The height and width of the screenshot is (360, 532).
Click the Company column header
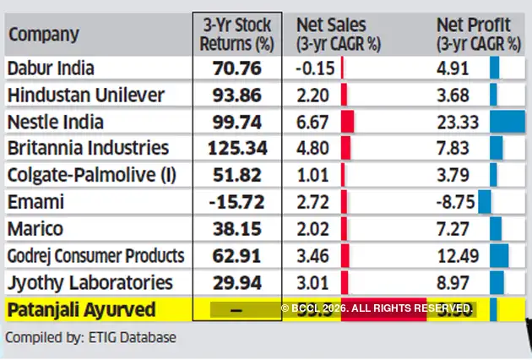pos(43,35)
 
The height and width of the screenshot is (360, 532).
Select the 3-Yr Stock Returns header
pos(237,34)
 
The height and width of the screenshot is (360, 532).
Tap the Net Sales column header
pos(338,34)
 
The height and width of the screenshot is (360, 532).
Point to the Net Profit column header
pos(477,34)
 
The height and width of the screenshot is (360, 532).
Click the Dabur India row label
pos(51,68)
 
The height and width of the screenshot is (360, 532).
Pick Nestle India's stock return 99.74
pos(237,122)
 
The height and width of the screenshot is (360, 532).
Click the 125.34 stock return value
pos(237,149)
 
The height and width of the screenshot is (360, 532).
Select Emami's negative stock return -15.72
pos(237,202)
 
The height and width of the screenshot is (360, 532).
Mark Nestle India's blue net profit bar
pos(507,122)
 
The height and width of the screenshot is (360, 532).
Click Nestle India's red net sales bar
pos(347,122)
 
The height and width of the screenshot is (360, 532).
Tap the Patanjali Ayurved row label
pos(81,310)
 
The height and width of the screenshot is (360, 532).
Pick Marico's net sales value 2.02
pos(313,229)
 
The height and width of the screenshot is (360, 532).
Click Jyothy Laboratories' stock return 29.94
pos(237,282)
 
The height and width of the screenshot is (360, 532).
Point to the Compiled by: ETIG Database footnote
pos(91,338)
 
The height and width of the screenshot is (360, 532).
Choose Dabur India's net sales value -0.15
pos(315,68)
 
